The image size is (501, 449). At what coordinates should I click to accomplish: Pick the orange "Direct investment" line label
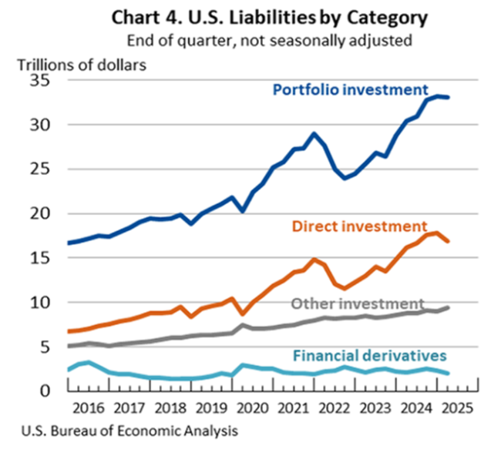(360, 226)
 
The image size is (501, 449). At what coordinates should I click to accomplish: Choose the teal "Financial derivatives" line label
(369, 355)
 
